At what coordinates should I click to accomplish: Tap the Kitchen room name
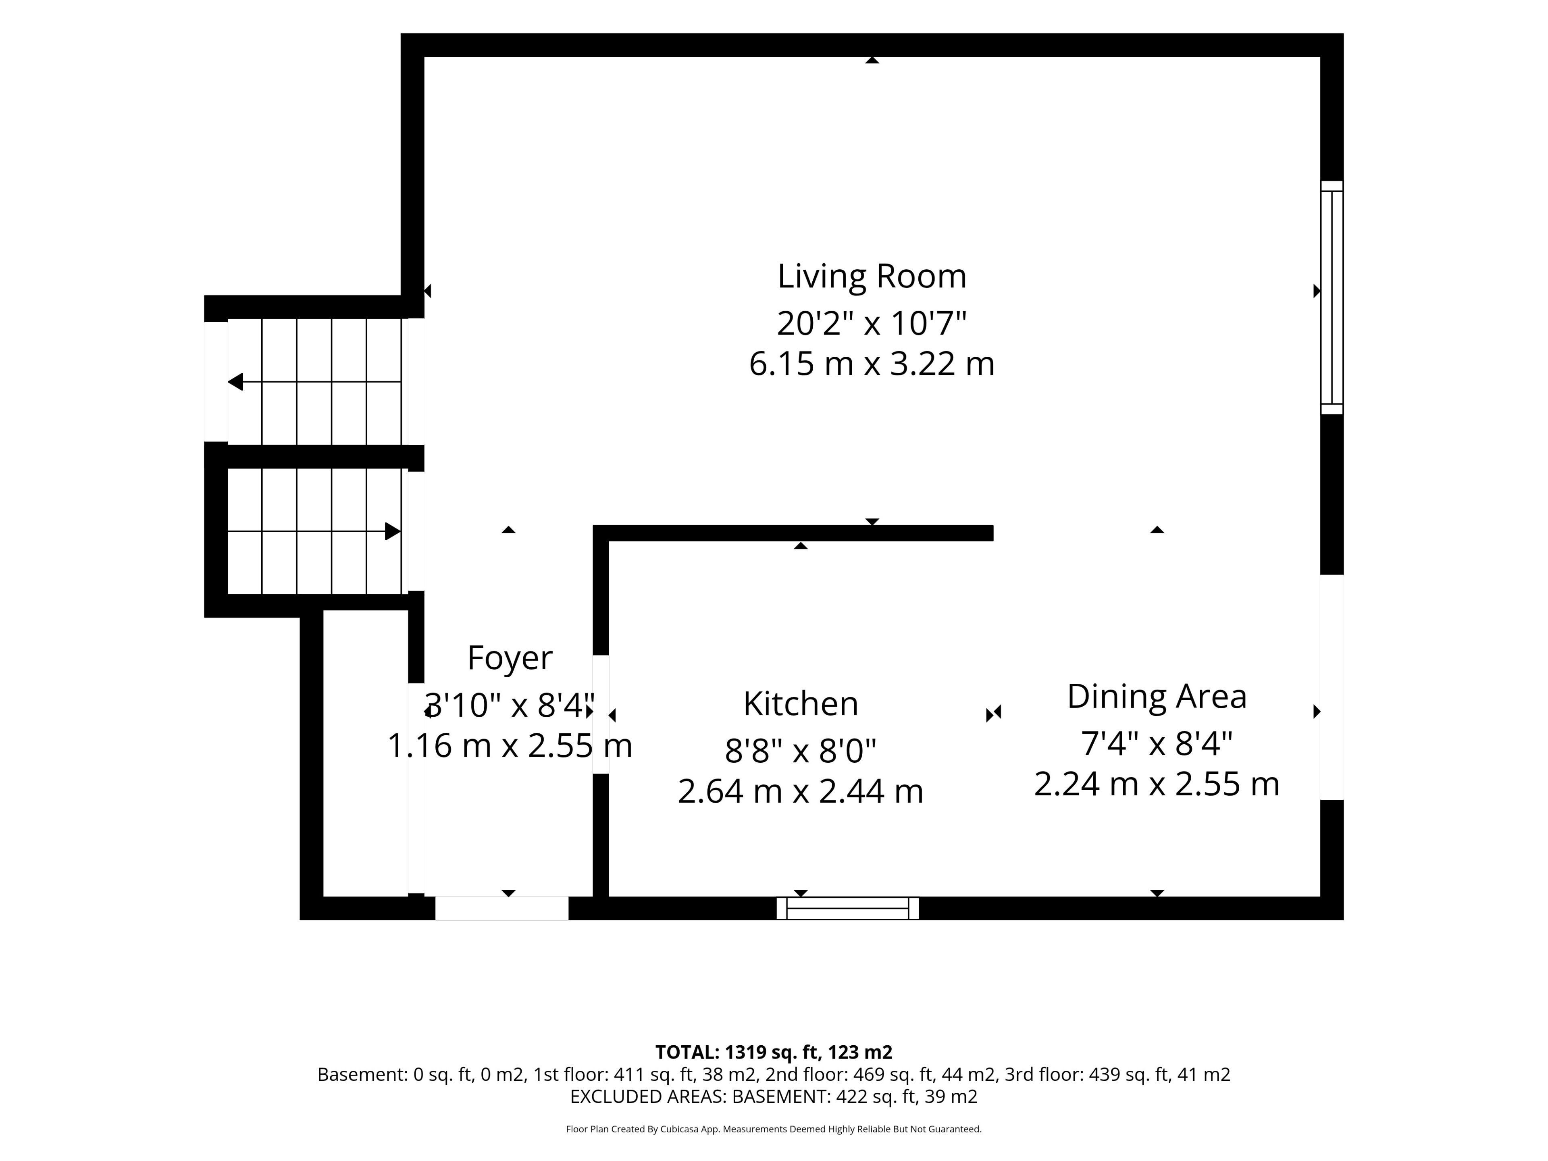(801, 704)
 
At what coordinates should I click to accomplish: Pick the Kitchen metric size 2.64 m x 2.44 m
(801, 791)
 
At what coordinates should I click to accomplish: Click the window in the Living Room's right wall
(1332, 298)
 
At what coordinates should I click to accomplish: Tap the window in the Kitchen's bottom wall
(847, 908)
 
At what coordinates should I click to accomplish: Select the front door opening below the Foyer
(502, 908)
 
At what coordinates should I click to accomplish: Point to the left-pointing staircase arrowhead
(236, 382)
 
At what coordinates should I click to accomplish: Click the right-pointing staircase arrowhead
(393, 531)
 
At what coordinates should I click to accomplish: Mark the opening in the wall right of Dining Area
(1332, 687)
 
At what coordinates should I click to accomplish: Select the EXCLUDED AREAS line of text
(773, 1096)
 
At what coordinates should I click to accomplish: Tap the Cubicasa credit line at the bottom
(773, 1129)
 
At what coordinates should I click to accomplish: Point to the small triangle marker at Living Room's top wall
(872, 60)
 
